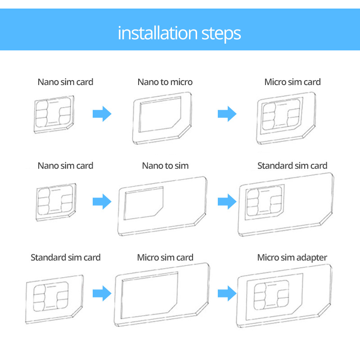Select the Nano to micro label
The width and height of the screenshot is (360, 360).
(165, 82)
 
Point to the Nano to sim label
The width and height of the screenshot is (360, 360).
(165, 166)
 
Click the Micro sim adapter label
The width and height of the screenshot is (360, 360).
(292, 257)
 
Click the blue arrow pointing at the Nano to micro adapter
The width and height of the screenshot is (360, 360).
(102, 114)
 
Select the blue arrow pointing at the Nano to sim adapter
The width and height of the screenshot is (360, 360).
(102, 201)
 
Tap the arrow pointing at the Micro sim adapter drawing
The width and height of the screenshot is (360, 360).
(227, 294)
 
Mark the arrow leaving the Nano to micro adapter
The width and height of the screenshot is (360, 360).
(227, 114)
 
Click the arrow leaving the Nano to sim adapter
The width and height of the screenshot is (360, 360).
(227, 201)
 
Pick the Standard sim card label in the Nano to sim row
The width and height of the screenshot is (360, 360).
(292, 166)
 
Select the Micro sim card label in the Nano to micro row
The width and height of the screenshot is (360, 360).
(292, 82)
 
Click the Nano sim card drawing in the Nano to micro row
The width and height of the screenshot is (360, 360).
(54, 114)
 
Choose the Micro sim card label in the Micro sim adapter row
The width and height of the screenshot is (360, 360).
(165, 257)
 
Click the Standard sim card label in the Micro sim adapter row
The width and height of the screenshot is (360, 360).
(65, 257)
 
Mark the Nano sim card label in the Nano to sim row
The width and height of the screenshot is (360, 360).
(65, 166)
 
